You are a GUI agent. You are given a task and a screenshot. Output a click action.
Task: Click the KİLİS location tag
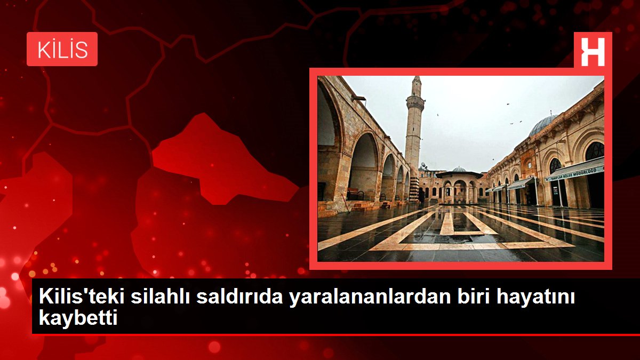[x=62, y=49]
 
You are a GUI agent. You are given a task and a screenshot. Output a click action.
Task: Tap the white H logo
[x=593, y=52]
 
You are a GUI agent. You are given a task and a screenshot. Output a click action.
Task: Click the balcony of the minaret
[x=415, y=102]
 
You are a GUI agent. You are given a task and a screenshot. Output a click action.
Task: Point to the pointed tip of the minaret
[x=417, y=77]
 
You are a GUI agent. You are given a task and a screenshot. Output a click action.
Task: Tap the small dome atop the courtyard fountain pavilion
[x=459, y=169]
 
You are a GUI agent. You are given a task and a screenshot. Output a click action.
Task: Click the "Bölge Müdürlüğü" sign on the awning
[x=575, y=173]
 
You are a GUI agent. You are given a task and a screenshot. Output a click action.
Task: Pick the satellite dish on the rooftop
[x=423, y=165]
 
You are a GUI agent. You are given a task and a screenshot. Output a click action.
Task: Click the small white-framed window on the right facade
[x=530, y=165]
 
